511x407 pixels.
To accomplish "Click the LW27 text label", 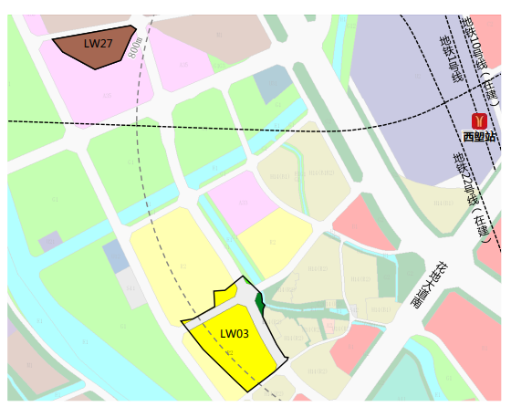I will click(99, 43).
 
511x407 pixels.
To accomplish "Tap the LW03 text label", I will click(235, 333).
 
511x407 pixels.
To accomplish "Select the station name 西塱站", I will click(479, 137).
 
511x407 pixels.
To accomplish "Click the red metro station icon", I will click(479, 120).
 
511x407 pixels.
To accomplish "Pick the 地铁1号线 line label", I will click(451, 58).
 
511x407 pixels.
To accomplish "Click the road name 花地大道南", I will click(428, 286).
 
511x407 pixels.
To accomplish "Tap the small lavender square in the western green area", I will click(50, 242).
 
